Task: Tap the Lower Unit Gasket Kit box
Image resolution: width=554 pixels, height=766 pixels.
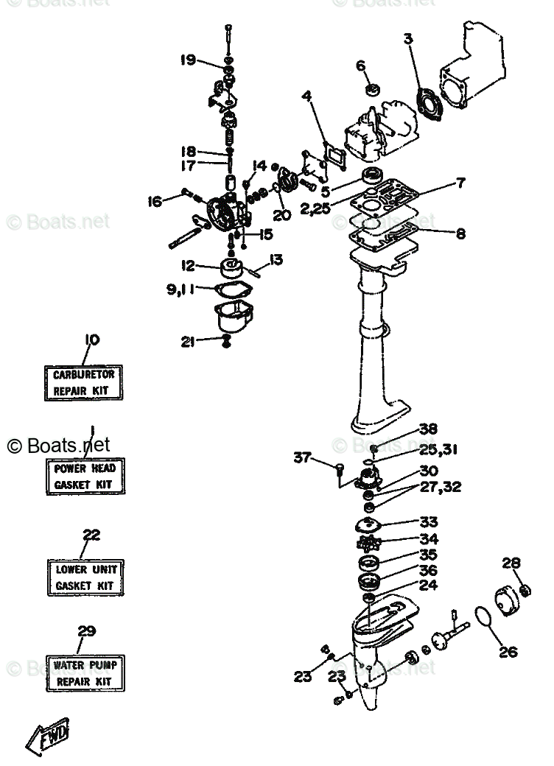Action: [85, 577]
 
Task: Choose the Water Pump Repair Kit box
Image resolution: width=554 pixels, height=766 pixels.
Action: [85, 672]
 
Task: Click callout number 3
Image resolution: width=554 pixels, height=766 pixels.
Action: [408, 38]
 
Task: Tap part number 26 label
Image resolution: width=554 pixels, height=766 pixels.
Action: [508, 651]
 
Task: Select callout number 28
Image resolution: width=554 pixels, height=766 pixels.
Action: [511, 563]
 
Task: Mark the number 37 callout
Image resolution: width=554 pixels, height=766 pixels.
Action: [303, 457]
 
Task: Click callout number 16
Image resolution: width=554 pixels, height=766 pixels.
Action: [154, 200]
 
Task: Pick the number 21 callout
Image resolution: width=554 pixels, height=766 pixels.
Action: [189, 340]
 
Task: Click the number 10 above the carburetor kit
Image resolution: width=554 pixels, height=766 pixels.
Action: [91, 340]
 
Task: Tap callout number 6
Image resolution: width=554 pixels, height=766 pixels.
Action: [361, 66]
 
